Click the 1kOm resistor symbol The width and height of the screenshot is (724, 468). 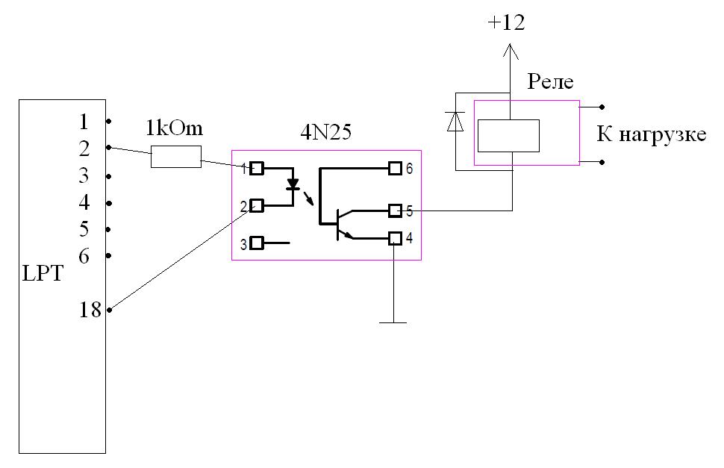[176, 157]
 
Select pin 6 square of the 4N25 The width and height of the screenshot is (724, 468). [396, 169]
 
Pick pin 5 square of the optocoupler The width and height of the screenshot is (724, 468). [396, 211]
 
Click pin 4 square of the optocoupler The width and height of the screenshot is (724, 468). [396, 238]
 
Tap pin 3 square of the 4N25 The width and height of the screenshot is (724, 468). [257, 243]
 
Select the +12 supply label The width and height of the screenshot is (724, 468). [506, 23]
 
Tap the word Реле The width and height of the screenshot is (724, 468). [550, 81]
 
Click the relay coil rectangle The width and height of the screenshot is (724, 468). [508, 135]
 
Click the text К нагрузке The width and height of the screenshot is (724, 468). [651, 136]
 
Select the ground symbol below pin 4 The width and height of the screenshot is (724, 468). [393, 322]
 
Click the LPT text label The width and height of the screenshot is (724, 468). [43, 275]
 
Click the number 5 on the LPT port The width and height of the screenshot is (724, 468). [84, 229]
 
